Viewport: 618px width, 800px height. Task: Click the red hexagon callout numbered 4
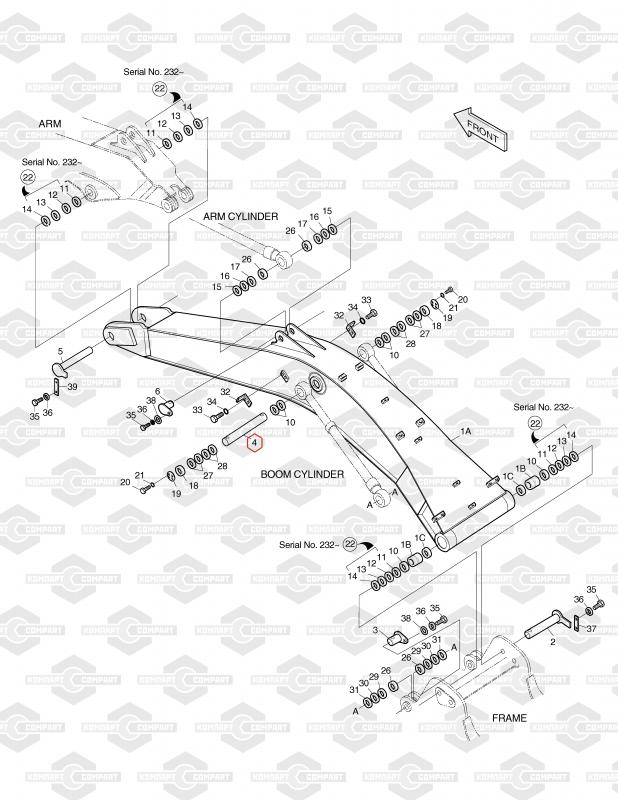(254, 441)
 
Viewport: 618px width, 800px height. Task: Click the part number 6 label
(158, 390)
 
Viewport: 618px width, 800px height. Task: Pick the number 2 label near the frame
(551, 643)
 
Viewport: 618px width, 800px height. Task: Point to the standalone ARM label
(50, 123)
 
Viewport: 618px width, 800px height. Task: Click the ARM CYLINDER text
(241, 216)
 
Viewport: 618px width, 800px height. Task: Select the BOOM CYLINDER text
(303, 474)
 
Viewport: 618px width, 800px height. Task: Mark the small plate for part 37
(578, 622)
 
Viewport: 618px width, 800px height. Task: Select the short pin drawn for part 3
(398, 633)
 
